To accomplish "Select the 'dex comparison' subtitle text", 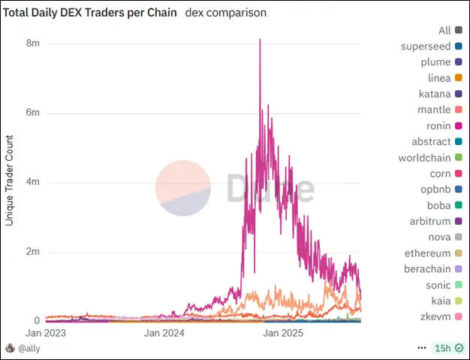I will (x=225, y=13).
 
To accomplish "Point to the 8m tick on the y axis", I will (x=32, y=44).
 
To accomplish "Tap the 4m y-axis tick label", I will (x=32, y=183).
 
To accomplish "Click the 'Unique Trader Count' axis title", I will (x=11, y=180).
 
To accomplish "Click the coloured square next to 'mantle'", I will (x=458, y=110).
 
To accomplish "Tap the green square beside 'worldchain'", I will (x=458, y=158).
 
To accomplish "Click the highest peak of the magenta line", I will (x=260, y=39).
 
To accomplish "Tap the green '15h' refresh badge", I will (x=447, y=349).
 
